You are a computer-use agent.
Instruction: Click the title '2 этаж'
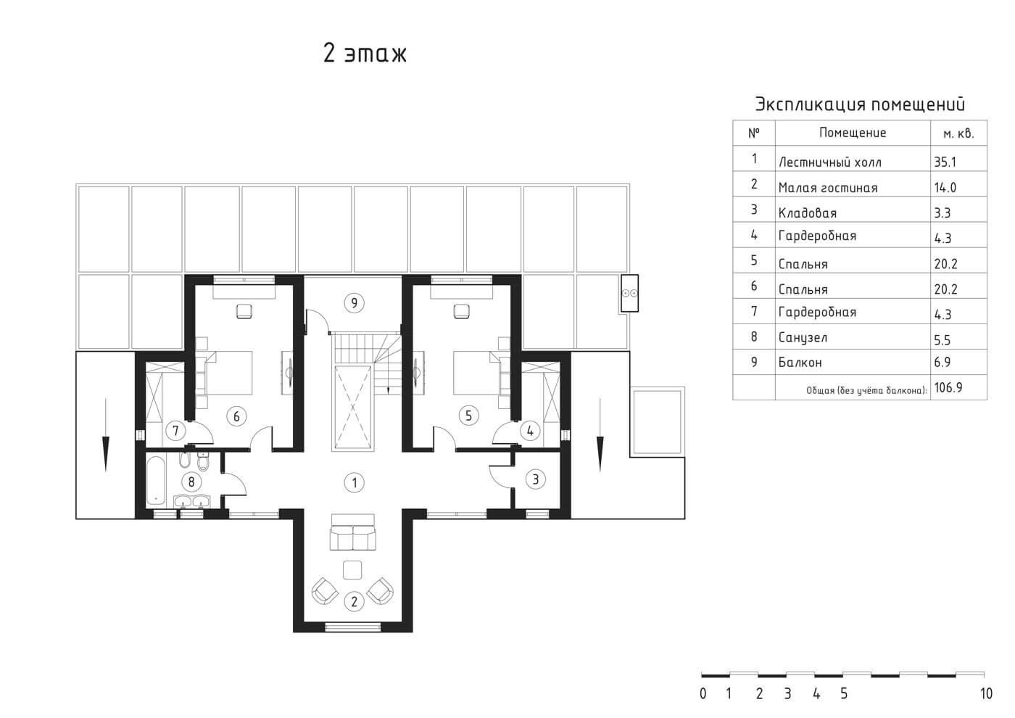click(365, 54)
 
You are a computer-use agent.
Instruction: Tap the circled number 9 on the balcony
click(355, 302)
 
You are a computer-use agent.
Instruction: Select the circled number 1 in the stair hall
click(355, 482)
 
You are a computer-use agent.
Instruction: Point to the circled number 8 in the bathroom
click(191, 482)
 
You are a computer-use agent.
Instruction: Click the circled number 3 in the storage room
click(536, 479)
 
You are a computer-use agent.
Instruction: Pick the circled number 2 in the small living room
click(355, 601)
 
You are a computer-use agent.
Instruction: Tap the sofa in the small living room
click(353, 532)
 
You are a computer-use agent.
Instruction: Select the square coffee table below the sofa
click(352, 570)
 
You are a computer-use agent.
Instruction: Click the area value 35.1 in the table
click(945, 162)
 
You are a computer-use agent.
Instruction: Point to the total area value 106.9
click(948, 387)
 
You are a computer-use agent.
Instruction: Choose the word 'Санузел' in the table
click(803, 337)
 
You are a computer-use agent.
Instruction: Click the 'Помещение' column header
click(853, 133)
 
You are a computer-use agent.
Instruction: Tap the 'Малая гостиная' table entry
click(828, 188)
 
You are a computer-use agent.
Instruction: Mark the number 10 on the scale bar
click(986, 693)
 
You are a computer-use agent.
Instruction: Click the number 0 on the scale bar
click(703, 693)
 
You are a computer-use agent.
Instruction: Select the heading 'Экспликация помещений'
click(860, 104)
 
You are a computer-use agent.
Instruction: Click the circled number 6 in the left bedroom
click(236, 416)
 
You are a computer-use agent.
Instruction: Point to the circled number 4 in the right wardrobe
click(530, 431)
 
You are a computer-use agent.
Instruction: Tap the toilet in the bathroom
click(204, 461)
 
